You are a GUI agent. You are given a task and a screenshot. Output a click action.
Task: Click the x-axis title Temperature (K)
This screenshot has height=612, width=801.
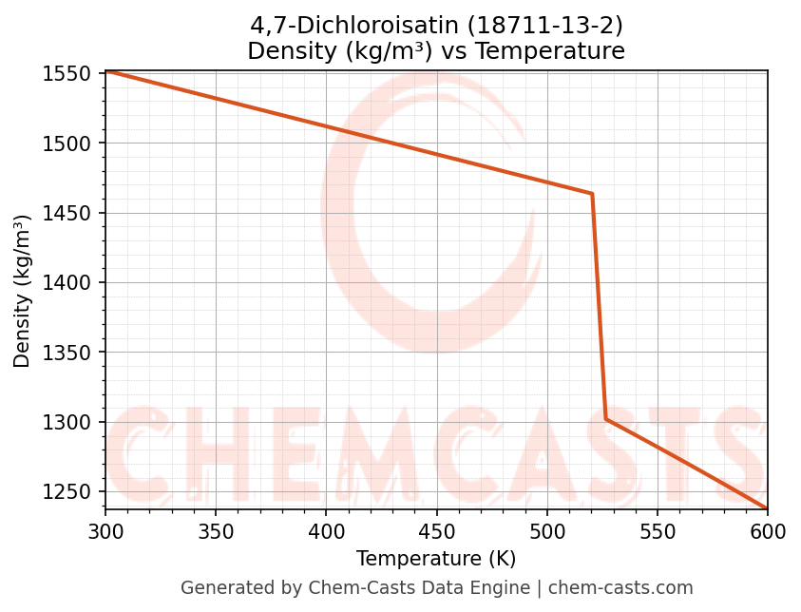436,559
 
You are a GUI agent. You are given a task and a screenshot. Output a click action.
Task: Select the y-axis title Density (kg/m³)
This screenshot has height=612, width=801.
22,291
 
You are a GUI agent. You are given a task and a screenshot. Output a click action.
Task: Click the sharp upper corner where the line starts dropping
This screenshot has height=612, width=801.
592,194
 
